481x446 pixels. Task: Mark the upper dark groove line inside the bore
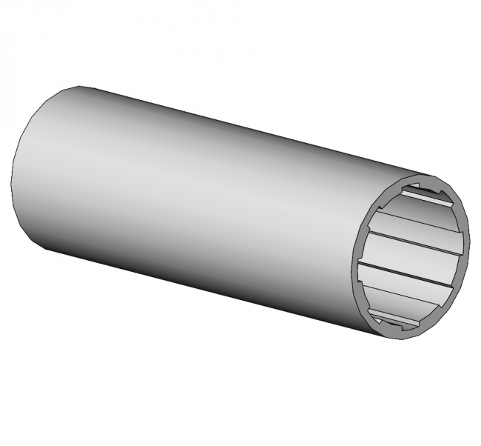(414, 233)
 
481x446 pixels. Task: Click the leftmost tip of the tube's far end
(12, 178)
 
